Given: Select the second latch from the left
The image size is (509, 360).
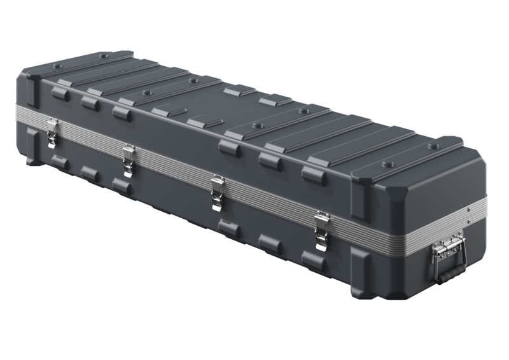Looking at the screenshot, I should pos(129,157).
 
